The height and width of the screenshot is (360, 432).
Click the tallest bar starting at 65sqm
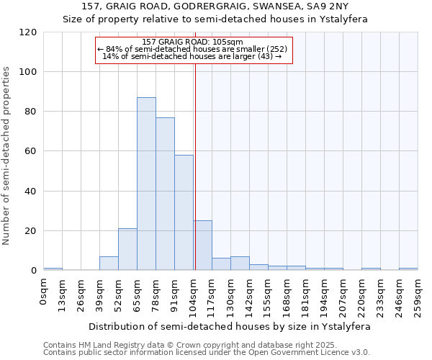click(146, 184)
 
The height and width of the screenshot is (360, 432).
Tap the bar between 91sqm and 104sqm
click(184, 212)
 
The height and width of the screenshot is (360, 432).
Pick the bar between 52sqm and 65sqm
click(127, 249)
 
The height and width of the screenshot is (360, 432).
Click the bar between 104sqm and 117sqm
click(202, 246)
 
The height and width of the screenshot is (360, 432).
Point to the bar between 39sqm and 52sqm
click(109, 264)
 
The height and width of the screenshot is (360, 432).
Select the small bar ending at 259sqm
click(408, 269)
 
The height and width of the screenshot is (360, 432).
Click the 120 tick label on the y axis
click(28, 32)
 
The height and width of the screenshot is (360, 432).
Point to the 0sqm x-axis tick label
click(43, 292)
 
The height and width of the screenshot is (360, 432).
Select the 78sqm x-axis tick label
click(156, 294)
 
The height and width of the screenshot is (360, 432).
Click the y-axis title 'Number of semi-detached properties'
click(6, 156)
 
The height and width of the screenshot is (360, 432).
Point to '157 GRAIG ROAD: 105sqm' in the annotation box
click(192, 42)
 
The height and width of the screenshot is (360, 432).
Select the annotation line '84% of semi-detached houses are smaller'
click(192, 49)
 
